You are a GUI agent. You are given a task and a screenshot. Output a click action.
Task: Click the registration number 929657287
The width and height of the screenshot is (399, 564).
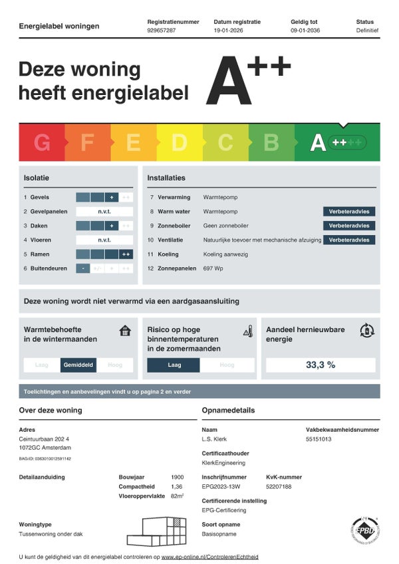point(162,31)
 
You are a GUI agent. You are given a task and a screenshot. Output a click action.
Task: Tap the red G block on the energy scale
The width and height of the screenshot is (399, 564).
point(42,142)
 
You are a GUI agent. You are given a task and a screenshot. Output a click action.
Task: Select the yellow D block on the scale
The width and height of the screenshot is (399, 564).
point(180,142)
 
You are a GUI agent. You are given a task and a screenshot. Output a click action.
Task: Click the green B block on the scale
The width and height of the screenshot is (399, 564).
point(271,142)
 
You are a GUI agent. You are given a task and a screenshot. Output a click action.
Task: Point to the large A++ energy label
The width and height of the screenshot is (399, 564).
point(248,82)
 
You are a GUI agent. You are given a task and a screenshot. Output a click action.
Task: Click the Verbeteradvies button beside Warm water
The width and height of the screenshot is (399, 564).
point(349,212)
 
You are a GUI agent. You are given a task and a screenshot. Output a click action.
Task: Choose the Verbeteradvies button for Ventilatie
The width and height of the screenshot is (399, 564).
point(349,240)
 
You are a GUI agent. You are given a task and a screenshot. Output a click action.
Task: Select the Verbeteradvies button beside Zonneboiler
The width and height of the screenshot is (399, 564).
point(349,226)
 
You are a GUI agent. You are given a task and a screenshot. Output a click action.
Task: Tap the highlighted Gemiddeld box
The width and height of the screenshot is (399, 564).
point(78,365)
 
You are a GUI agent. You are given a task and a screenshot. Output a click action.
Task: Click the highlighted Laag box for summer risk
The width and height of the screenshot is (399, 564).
point(174,365)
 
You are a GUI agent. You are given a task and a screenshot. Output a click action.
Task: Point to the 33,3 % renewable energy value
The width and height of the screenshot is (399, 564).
point(321,365)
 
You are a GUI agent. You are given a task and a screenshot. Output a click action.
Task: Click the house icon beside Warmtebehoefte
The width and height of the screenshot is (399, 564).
point(125,330)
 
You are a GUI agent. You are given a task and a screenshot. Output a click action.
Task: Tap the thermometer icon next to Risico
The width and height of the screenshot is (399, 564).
point(248,331)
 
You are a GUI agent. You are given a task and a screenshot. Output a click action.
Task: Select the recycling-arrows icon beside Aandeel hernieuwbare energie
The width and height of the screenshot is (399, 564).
point(366,330)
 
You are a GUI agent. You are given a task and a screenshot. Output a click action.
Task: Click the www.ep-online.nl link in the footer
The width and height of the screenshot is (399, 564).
point(209,557)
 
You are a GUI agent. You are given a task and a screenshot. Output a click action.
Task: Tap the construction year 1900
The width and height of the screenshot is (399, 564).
point(177,477)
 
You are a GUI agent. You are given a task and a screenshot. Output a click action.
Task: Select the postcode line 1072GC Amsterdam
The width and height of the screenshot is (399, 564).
point(44,448)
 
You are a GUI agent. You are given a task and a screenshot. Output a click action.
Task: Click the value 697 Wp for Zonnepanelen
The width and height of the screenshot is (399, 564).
point(213,268)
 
